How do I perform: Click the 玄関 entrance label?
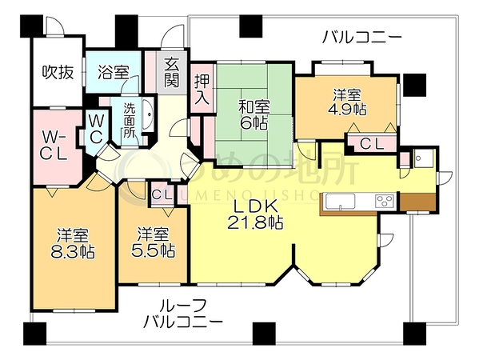pos(171,73)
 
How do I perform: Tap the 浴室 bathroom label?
pos(114,73)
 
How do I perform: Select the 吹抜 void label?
pos(58,73)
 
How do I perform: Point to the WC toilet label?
pos(96,128)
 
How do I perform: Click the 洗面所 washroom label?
pos(130,120)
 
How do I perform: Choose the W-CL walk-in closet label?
pos(54,146)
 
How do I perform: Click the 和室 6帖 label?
pos(254,115)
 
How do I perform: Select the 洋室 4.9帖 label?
pos(347,102)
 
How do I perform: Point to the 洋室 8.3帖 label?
pos(73,244)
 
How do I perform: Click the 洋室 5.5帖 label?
pos(153,242)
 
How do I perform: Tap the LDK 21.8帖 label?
pos(255,215)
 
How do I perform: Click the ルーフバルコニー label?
pos(183,314)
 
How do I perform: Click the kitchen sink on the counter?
pos(340,202)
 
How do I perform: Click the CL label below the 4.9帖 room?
pos(371,144)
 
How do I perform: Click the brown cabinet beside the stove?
pos(417,202)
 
